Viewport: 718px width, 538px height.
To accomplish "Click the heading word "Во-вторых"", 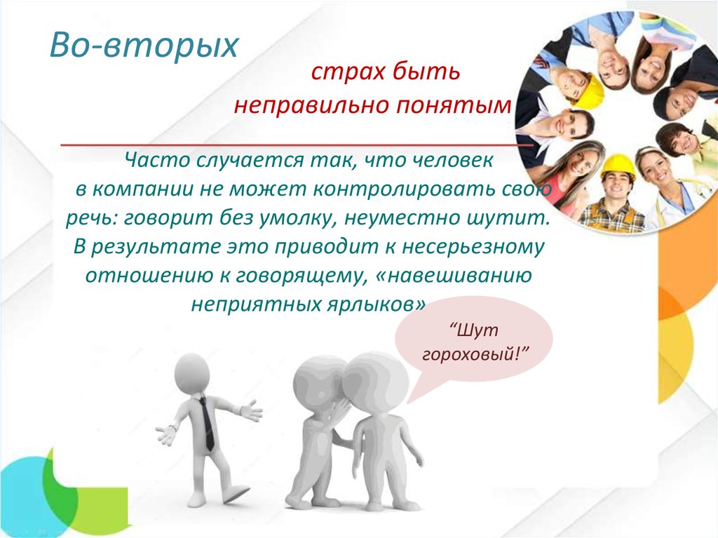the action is pos(144,46).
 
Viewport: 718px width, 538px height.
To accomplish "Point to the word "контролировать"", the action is pos(405,189).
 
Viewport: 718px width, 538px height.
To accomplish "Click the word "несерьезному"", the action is pos(473,246).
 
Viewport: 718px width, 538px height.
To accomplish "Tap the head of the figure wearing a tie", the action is pos(192,375).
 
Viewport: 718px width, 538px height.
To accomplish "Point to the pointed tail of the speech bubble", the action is pos(407,403).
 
